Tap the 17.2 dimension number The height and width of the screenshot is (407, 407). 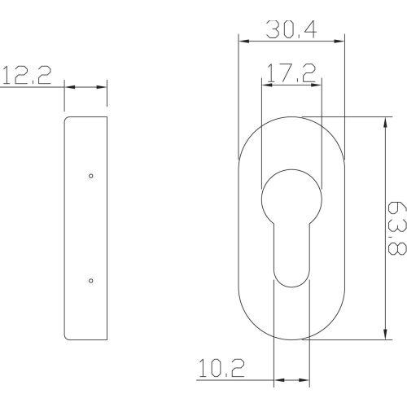289,75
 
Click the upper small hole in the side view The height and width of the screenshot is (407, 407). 90,176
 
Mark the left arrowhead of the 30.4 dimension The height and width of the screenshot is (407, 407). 240,37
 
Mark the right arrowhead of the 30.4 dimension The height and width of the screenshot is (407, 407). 341,37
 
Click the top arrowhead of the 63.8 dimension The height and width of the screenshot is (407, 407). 383,119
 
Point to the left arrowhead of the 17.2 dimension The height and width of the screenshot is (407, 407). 263,83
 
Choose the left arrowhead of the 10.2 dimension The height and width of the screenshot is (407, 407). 277,379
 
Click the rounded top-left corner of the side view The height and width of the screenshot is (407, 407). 67,119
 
